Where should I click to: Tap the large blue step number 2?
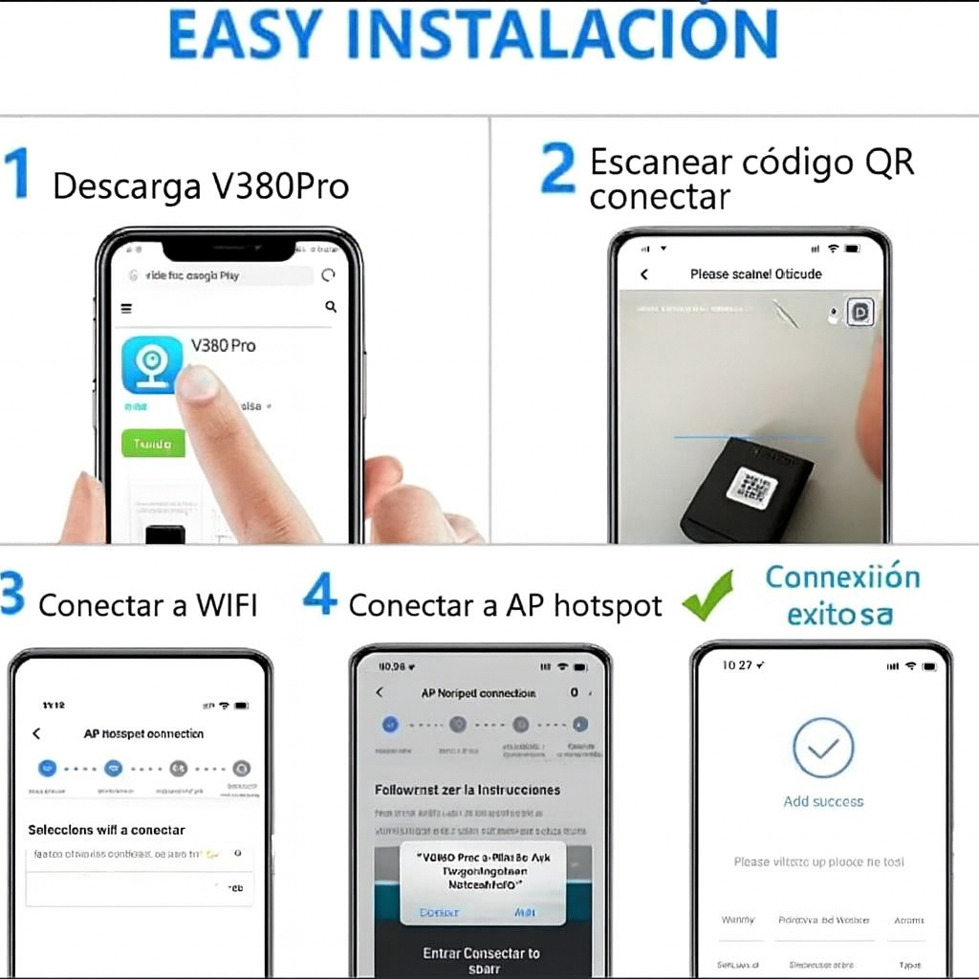(557, 167)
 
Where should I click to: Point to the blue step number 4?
(319, 595)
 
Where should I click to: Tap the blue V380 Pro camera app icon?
(152, 364)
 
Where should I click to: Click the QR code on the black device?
(751, 489)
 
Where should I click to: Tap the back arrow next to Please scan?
(644, 274)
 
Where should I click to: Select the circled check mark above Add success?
(823, 748)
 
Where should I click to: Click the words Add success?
(823, 801)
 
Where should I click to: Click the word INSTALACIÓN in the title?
(573, 35)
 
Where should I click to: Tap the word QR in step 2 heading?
(889, 163)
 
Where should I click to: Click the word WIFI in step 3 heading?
(227, 605)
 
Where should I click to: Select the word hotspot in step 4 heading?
(608, 605)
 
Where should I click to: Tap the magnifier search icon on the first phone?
(331, 307)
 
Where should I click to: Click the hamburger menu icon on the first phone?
(126, 308)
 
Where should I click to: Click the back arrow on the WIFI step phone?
(36, 733)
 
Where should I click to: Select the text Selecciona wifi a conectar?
(106, 830)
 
